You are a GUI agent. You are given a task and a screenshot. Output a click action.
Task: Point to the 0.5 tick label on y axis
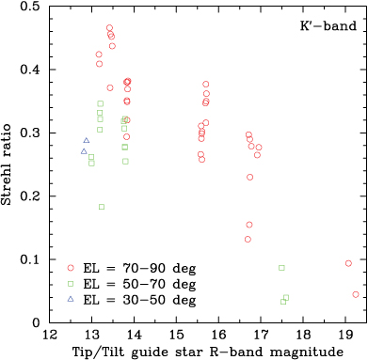pyautogui.click(x=33, y=8)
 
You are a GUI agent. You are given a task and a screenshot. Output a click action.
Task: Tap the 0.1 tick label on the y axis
pyautogui.click(x=33, y=260)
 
